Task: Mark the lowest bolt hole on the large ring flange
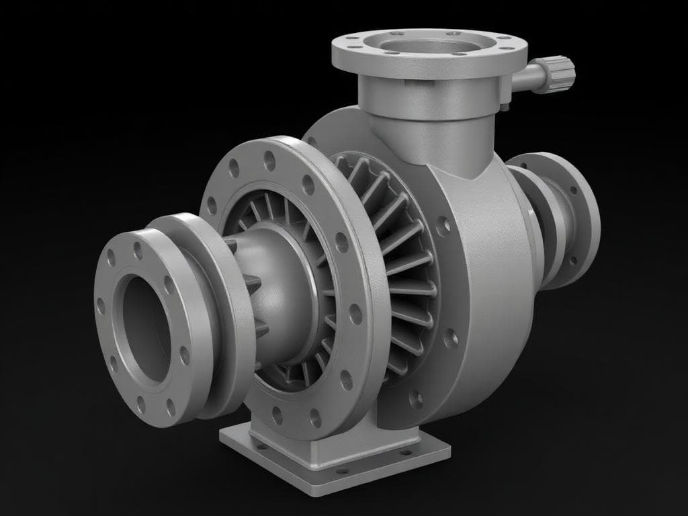click(x=315, y=421)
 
